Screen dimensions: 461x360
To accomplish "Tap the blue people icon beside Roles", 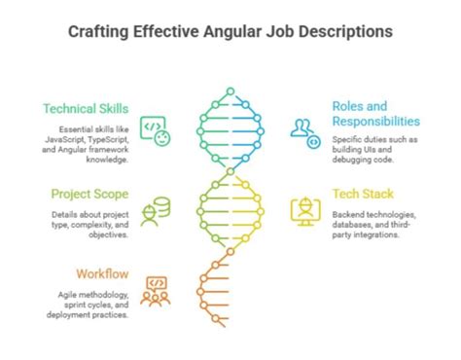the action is pos(306,131).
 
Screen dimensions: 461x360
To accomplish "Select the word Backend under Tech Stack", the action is pos(348,213).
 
